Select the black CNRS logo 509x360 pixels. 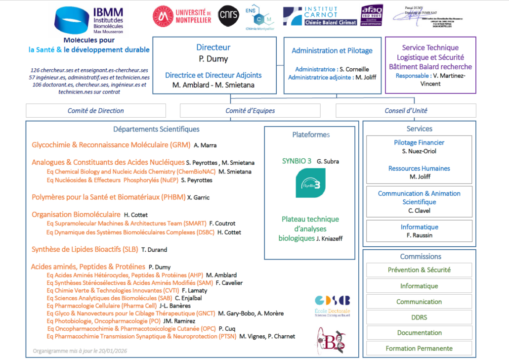pyautogui.click(x=228, y=15)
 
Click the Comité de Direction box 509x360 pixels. pyautogui.click(x=96, y=111)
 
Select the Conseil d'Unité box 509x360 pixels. pyautogui.click(x=406, y=111)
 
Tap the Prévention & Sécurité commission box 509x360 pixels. pyautogui.click(x=419, y=270)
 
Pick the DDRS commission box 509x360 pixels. pyautogui.click(x=419, y=317)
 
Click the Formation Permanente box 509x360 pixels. pyautogui.click(x=419, y=348)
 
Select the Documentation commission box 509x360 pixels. pyautogui.click(x=419, y=333)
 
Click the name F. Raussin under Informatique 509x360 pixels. pyautogui.click(x=419, y=235)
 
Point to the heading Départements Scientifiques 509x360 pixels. pyautogui.click(x=156, y=129)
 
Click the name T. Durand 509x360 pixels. pyautogui.click(x=154, y=250)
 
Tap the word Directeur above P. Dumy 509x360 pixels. pyautogui.click(x=213, y=47)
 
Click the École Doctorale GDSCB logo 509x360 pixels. pyautogui.click(x=332, y=304)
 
